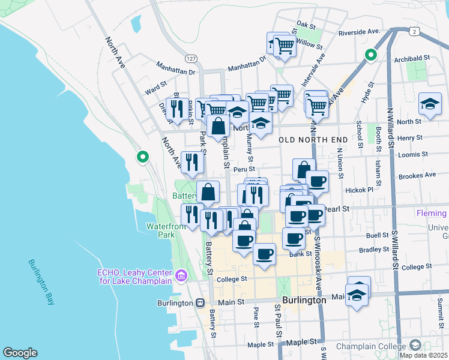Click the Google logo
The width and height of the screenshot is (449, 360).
pyautogui.click(x=20, y=353)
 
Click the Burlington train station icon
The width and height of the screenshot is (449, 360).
pyautogui.click(x=199, y=303)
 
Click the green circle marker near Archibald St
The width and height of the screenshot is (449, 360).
pyautogui.click(x=371, y=56)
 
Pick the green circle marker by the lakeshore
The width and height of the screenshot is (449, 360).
pyautogui.click(x=142, y=158)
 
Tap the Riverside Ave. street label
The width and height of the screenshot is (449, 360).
pyautogui.click(x=360, y=32)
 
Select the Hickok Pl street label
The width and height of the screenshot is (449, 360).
pyautogui.click(x=360, y=190)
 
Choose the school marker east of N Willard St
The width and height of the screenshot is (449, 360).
pyautogui.click(x=429, y=104)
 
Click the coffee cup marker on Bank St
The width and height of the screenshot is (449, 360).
pyautogui.click(x=264, y=254)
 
